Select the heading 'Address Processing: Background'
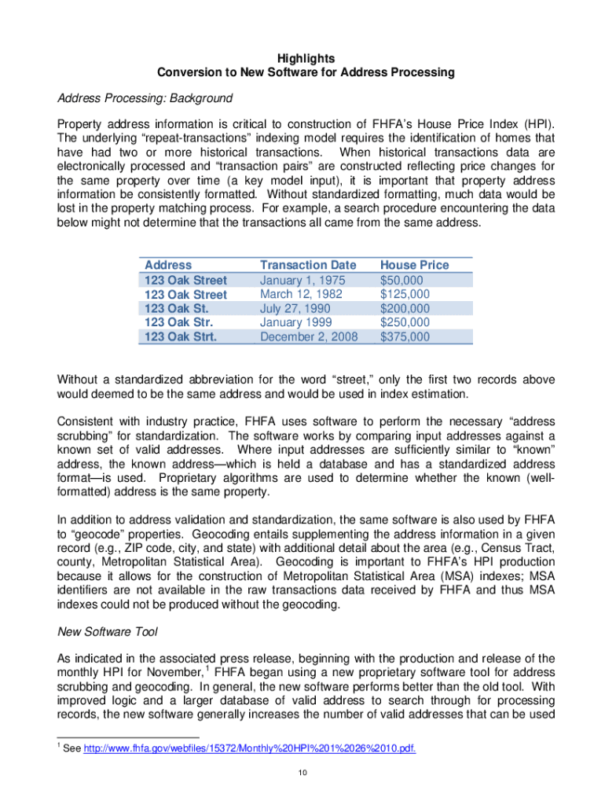click(145, 98)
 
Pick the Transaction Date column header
click(308, 265)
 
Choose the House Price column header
click(414, 265)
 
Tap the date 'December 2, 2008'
click(309, 336)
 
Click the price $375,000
click(405, 336)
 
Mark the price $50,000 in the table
click(401, 280)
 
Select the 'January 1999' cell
click(295, 322)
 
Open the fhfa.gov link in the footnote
click(249, 748)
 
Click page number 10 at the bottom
click(302, 774)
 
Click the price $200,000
click(405, 308)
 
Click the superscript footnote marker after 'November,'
click(207, 668)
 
